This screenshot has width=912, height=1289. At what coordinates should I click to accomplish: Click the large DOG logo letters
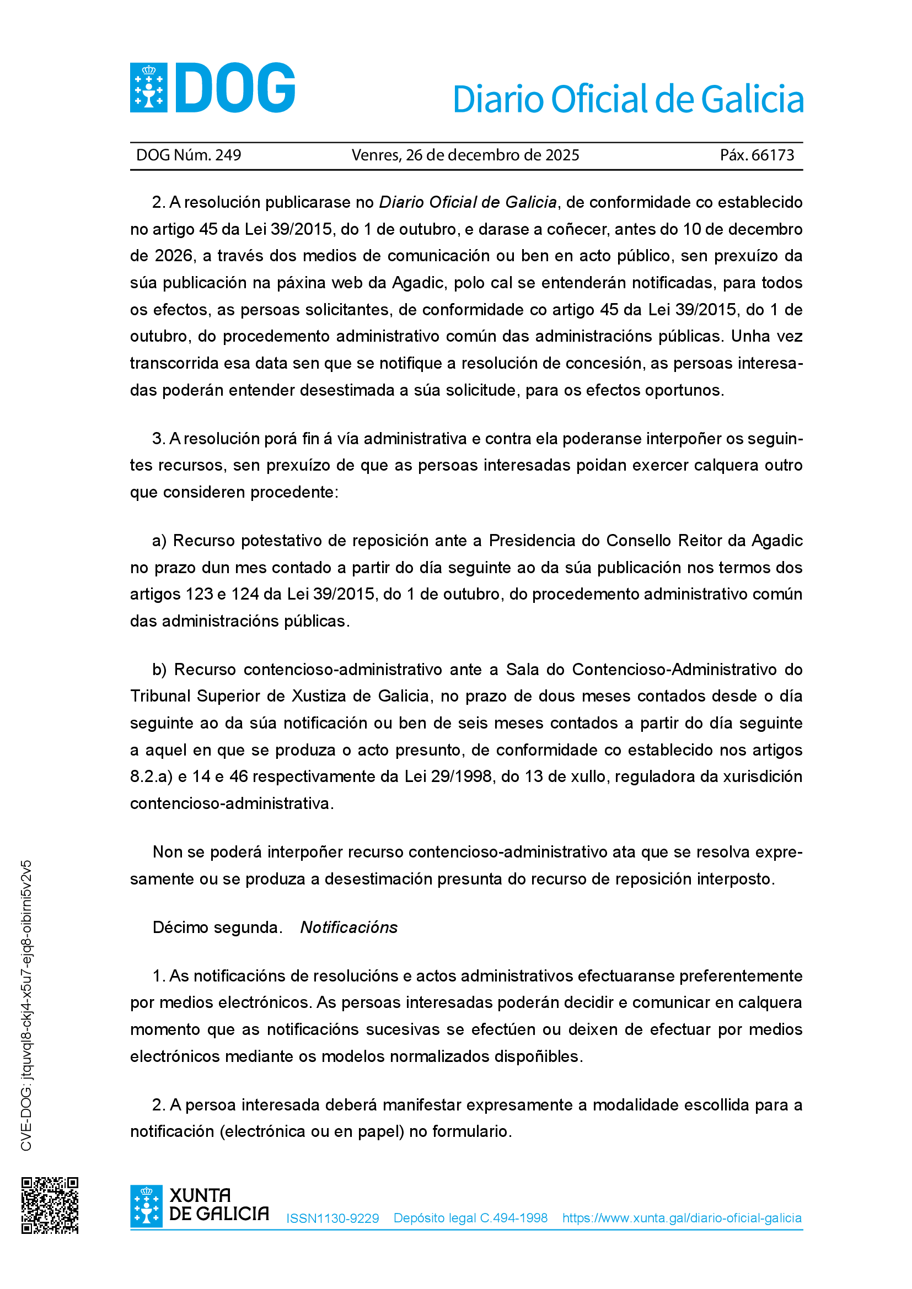click(236, 88)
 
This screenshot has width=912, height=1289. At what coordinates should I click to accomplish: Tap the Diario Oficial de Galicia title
click(628, 99)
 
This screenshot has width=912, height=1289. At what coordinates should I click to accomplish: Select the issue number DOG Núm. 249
click(189, 155)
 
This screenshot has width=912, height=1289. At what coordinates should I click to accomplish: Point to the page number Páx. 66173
click(757, 155)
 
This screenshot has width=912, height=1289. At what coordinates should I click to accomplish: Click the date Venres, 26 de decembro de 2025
click(465, 155)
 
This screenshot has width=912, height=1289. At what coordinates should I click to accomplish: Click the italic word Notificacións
click(348, 927)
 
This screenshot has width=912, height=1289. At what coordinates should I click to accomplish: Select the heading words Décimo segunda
click(217, 927)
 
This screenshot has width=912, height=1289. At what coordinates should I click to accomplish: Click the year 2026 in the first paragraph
click(174, 256)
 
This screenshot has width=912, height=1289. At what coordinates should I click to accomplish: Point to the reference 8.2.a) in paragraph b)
click(151, 776)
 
